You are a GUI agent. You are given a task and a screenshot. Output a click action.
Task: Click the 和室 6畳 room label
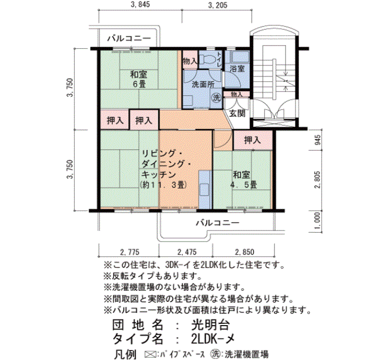(139, 79)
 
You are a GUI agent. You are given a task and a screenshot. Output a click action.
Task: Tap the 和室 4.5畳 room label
(243, 180)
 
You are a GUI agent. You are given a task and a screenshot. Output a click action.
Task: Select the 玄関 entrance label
(237, 114)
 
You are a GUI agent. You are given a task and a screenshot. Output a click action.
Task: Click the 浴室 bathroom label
(237, 69)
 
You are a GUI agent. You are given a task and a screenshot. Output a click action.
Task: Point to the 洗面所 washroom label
(203, 85)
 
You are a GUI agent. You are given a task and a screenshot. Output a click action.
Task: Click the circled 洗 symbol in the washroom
(217, 98)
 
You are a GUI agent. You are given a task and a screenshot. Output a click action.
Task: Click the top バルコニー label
(129, 38)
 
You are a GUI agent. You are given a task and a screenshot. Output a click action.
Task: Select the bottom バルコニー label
(218, 223)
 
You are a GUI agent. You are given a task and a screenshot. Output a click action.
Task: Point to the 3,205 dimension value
(218, 5)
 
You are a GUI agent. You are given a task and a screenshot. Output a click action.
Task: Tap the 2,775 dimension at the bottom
(130, 252)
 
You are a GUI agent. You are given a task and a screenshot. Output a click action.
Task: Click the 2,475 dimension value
(187, 252)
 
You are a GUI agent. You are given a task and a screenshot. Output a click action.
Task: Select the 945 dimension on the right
(318, 140)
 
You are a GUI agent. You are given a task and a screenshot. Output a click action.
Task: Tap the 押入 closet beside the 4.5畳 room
(253, 140)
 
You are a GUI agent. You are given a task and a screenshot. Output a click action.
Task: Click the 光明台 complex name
(211, 325)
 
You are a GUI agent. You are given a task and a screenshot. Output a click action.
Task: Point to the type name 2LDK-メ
(213, 339)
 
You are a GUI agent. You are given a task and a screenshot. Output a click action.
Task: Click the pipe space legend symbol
(149, 354)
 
